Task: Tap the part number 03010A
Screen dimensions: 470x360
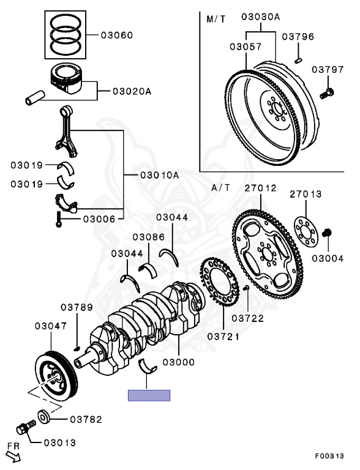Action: click(159, 175)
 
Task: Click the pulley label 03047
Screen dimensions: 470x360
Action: click(51, 326)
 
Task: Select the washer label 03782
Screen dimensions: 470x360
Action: click(85, 420)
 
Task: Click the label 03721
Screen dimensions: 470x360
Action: click(223, 337)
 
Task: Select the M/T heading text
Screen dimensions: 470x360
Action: click(216, 19)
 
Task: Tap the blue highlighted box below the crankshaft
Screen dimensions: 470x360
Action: click(149, 395)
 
